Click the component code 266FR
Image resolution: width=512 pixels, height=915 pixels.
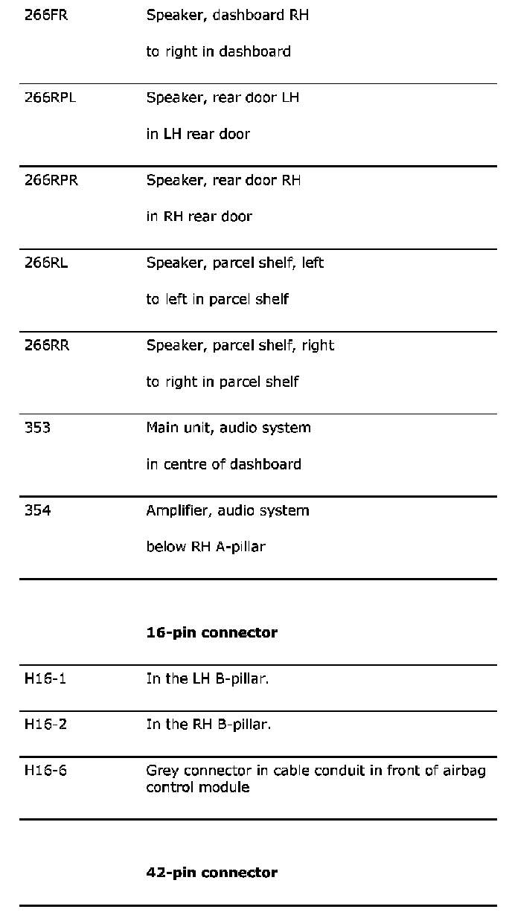pos(46,15)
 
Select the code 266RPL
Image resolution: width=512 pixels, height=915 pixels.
pos(50,97)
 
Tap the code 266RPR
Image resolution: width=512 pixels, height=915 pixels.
pos(51,180)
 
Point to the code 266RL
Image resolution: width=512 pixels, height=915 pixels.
pos(46,263)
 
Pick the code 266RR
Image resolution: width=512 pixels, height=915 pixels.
pos(47,345)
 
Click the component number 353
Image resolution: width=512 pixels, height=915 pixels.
pos(37,428)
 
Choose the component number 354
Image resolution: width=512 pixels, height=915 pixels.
pos(37,510)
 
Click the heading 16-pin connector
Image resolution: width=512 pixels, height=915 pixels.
pos(211,632)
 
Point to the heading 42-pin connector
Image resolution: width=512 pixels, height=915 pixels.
pos(211,872)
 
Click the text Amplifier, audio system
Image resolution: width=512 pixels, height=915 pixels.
pos(227,510)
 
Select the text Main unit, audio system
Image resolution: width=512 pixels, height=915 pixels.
pos(228,428)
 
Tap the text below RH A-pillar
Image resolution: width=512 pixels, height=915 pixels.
pos(205,547)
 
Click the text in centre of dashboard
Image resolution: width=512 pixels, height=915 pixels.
pos(223,464)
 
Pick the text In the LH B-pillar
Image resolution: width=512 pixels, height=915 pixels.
pos(207,678)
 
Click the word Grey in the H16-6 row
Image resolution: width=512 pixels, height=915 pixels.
pos(161,771)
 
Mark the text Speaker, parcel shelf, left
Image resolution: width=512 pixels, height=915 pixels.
pos(234,263)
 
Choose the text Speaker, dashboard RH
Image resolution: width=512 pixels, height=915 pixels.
pos(227,15)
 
